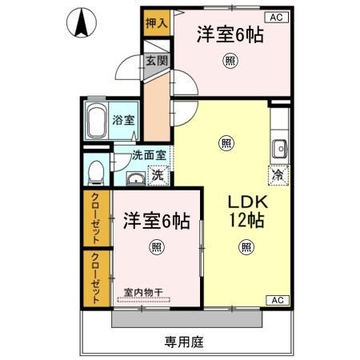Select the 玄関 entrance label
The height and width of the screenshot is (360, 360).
tap(156, 61)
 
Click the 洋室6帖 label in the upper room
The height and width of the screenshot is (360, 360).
tap(230, 34)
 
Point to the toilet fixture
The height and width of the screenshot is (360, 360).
tap(95, 170)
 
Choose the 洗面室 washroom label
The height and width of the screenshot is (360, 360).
tap(149, 158)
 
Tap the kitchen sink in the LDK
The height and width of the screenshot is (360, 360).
tap(279, 148)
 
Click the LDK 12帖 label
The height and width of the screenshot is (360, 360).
tap(243, 210)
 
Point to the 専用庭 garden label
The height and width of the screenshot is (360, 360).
tap(185, 342)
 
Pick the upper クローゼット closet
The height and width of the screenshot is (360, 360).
tap(96, 218)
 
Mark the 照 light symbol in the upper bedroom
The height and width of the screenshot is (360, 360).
tap(230, 59)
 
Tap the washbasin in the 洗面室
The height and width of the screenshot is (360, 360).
tap(136, 177)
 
